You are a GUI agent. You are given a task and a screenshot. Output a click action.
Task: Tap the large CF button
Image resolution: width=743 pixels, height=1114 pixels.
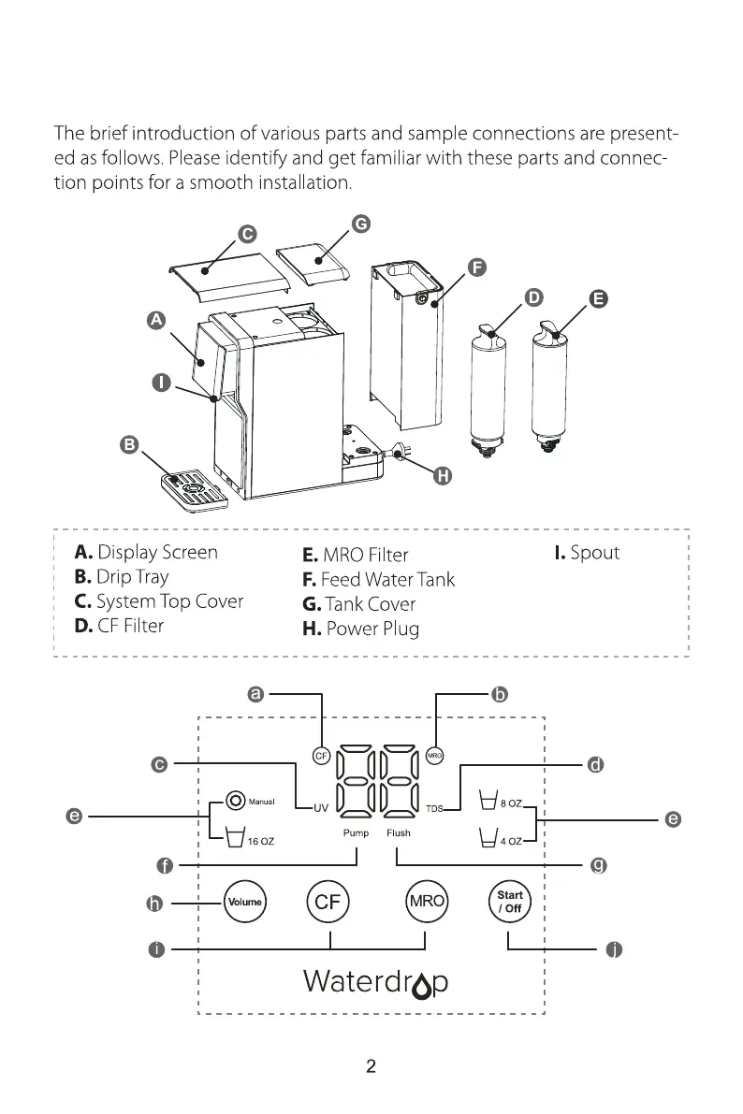pyautogui.click(x=327, y=902)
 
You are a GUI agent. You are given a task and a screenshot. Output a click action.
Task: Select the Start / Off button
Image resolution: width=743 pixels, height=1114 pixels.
pyautogui.click(x=510, y=902)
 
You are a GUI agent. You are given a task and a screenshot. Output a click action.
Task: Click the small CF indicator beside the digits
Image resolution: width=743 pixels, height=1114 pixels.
pyautogui.click(x=320, y=755)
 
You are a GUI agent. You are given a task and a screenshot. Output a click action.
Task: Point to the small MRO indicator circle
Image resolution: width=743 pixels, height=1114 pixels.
pyautogui.click(x=434, y=755)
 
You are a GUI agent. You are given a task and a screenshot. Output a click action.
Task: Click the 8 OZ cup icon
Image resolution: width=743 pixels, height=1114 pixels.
pyautogui.click(x=487, y=802)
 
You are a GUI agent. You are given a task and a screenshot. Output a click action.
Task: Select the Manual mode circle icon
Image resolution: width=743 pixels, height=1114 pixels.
pyautogui.click(x=234, y=802)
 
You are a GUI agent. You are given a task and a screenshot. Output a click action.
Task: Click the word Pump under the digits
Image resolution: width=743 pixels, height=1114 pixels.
pyautogui.click(x=356, y=832)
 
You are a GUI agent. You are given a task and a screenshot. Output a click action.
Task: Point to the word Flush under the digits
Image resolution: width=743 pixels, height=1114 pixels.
pyautogui.click(x=399, y=832)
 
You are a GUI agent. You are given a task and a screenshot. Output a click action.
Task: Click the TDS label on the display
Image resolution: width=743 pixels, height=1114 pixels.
pyautogui.click(x=434, y=807)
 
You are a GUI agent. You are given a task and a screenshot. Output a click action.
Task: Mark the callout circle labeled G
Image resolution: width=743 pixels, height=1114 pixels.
pyautogui.click(x=360, y=224)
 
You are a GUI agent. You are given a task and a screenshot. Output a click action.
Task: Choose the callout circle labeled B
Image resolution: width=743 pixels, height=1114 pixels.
pyautogui.click(x=130, y=443)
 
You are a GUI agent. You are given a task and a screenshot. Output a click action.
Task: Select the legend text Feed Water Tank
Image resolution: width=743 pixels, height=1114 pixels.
pyautogui.click(x=387, y=580)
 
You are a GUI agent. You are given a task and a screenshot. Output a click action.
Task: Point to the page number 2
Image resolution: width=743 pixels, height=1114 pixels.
pyautogui.click(x=371, y=1066)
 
